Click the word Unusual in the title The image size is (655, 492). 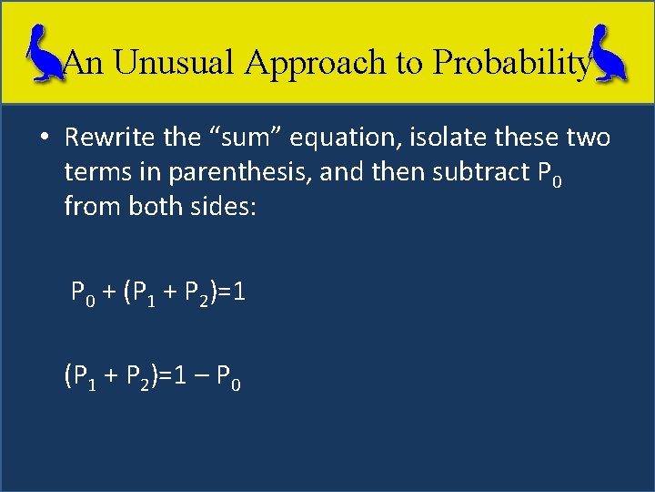click(168, 62)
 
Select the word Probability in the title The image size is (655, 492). click(511, 62)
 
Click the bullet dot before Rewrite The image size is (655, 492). click(44, 138)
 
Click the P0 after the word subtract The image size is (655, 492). click(557, 175)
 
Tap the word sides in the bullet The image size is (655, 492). click(221, 208)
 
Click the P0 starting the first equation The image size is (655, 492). click(85, 294)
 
